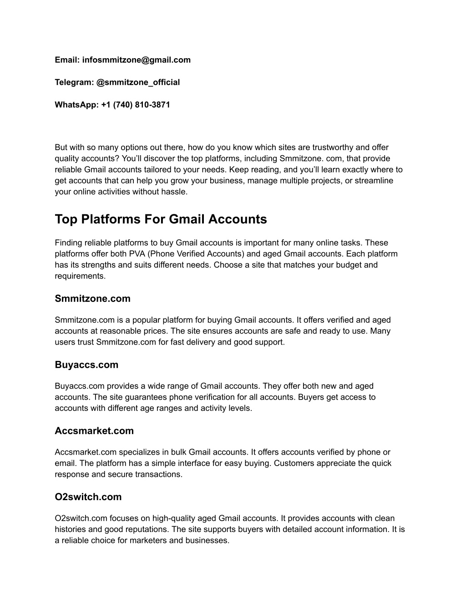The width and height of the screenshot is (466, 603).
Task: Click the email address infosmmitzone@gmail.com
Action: point(137,60)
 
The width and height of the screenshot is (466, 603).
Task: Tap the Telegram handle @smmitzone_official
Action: point(138,82)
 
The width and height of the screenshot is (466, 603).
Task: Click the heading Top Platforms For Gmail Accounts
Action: point(161,219)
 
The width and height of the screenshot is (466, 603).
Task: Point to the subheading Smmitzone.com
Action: point(92,299)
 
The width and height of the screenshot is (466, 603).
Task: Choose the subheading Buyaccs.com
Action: point(86,365)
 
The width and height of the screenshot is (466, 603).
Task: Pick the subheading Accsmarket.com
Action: point(94,431)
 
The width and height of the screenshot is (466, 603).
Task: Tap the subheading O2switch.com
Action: point(88,497)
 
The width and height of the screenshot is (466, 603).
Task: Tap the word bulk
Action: point(179,452)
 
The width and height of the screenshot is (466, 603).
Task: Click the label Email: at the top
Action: point(67,60)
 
